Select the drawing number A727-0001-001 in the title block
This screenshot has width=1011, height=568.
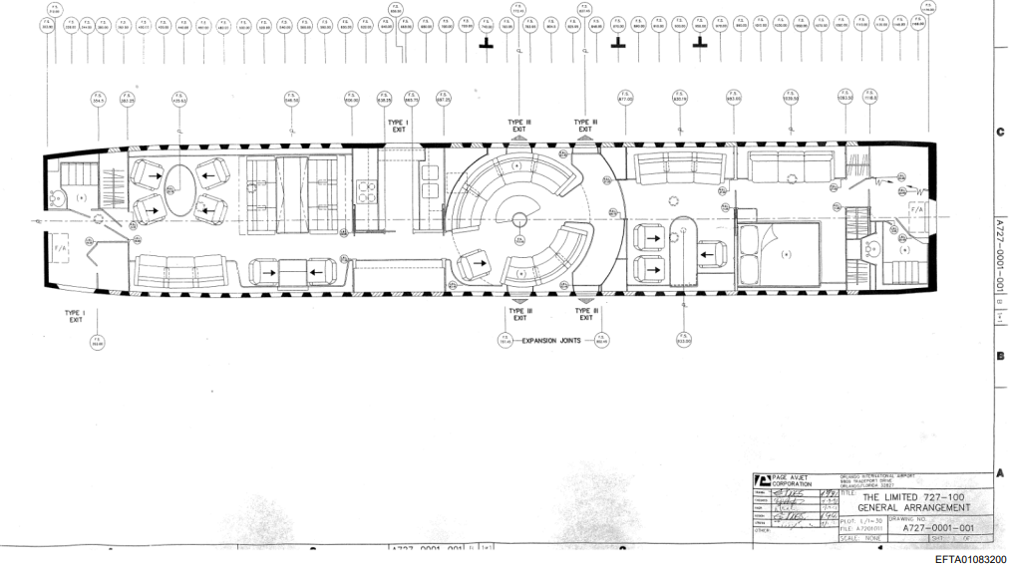pos(937,528)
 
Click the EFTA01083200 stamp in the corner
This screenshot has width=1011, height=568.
pos(971,559)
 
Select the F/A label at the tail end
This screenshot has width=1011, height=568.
pos(918,212)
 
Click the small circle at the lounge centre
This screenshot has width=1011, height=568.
pos(520,219)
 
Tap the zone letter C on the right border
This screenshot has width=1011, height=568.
pos(999,132)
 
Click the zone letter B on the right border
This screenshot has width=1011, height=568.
pos(999,355)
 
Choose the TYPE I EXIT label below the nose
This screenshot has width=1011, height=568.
pos(76,316)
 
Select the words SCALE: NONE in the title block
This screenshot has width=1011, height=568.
pos(858,539)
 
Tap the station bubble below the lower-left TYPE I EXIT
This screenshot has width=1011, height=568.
pos(98,342)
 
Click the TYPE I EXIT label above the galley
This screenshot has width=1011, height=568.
pos(398,126)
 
